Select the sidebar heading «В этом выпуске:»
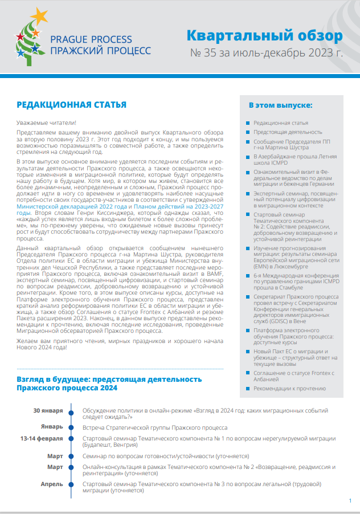280,106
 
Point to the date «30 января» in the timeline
48,410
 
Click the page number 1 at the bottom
349,500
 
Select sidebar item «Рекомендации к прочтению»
289,389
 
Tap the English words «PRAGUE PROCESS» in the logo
91,39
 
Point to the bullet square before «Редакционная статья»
246,123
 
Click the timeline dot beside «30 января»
71,410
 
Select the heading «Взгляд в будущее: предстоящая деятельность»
109,379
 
